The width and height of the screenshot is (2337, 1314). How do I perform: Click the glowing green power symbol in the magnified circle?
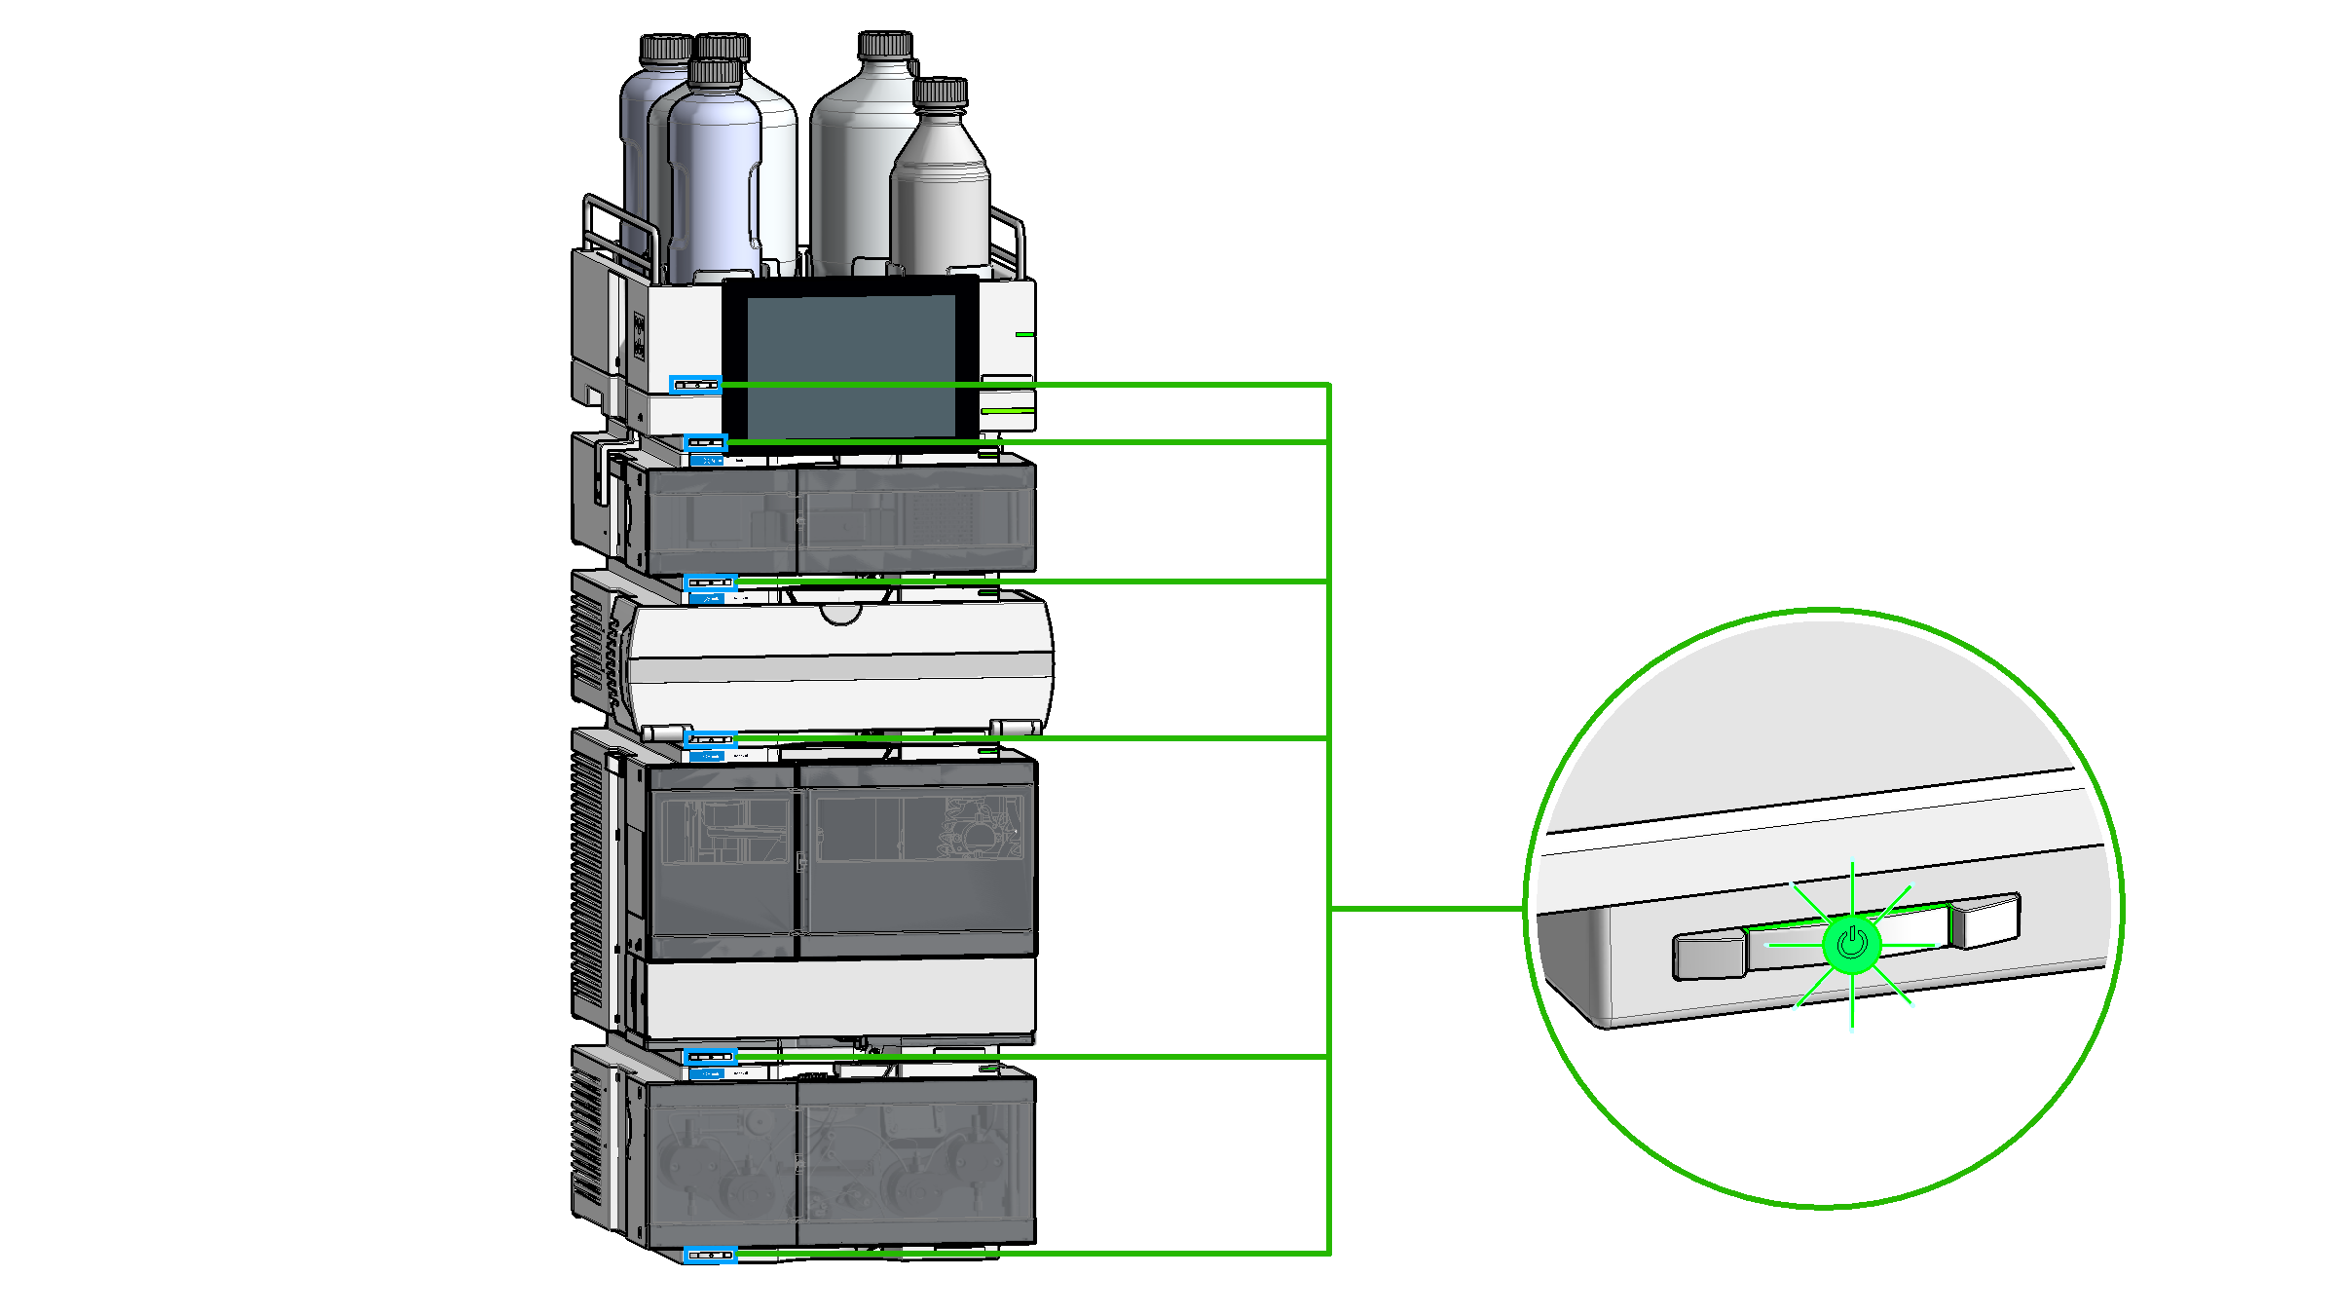1851,944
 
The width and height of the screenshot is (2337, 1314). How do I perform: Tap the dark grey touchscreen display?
850,365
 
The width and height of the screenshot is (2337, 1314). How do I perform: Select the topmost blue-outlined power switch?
695,385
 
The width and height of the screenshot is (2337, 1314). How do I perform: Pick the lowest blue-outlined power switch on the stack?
710,1255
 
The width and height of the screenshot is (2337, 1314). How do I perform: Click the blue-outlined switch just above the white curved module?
710,582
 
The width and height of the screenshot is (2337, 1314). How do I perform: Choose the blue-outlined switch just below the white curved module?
710,739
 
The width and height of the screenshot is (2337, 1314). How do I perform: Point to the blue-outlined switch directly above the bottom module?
710,1056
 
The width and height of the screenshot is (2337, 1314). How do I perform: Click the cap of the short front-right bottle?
940,93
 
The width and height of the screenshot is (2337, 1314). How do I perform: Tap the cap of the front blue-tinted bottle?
716,71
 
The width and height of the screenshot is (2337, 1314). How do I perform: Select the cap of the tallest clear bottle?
884,44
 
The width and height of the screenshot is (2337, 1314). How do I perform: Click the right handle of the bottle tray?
1010,239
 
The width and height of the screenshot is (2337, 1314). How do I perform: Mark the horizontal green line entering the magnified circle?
1427,908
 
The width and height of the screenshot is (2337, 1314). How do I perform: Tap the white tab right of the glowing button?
1986,920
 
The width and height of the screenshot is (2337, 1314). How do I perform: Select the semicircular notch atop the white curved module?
840,614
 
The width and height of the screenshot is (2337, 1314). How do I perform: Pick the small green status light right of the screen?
1024,334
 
